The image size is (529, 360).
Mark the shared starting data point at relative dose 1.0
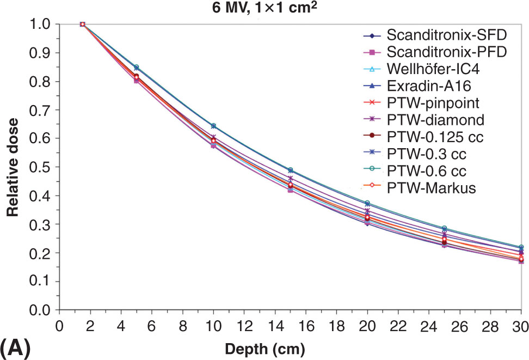pos(82,24)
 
